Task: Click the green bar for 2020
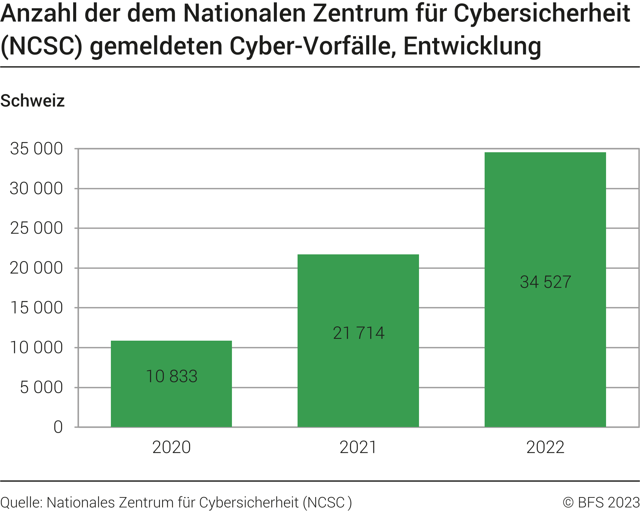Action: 171,399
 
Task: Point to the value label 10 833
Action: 172,376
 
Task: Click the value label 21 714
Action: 359,333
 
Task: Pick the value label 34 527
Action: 545,282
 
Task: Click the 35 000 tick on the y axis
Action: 37,149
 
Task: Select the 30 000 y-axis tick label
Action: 37,188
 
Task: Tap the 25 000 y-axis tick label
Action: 37,228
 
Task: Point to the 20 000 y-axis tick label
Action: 37,268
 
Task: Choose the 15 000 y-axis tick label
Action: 37,308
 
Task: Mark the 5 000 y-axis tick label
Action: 41,387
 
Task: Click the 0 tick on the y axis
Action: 58,427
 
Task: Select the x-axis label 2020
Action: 172,447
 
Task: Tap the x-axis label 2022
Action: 545,447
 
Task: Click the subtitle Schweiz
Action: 32,101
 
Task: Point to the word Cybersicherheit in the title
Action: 542,14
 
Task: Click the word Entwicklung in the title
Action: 472,46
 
